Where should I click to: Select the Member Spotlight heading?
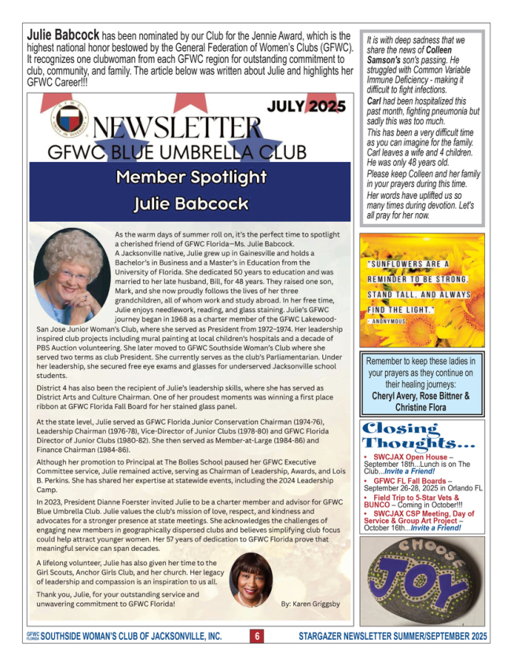click(190, 177)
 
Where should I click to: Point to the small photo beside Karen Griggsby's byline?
click(251, 579)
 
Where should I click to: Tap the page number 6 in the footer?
click(257, 635)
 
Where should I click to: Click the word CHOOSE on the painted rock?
click(431, 549)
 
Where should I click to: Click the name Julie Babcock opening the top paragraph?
click(63, 36)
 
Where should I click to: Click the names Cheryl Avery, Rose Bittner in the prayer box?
click(421, 396)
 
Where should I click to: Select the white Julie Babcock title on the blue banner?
click(190, 204)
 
